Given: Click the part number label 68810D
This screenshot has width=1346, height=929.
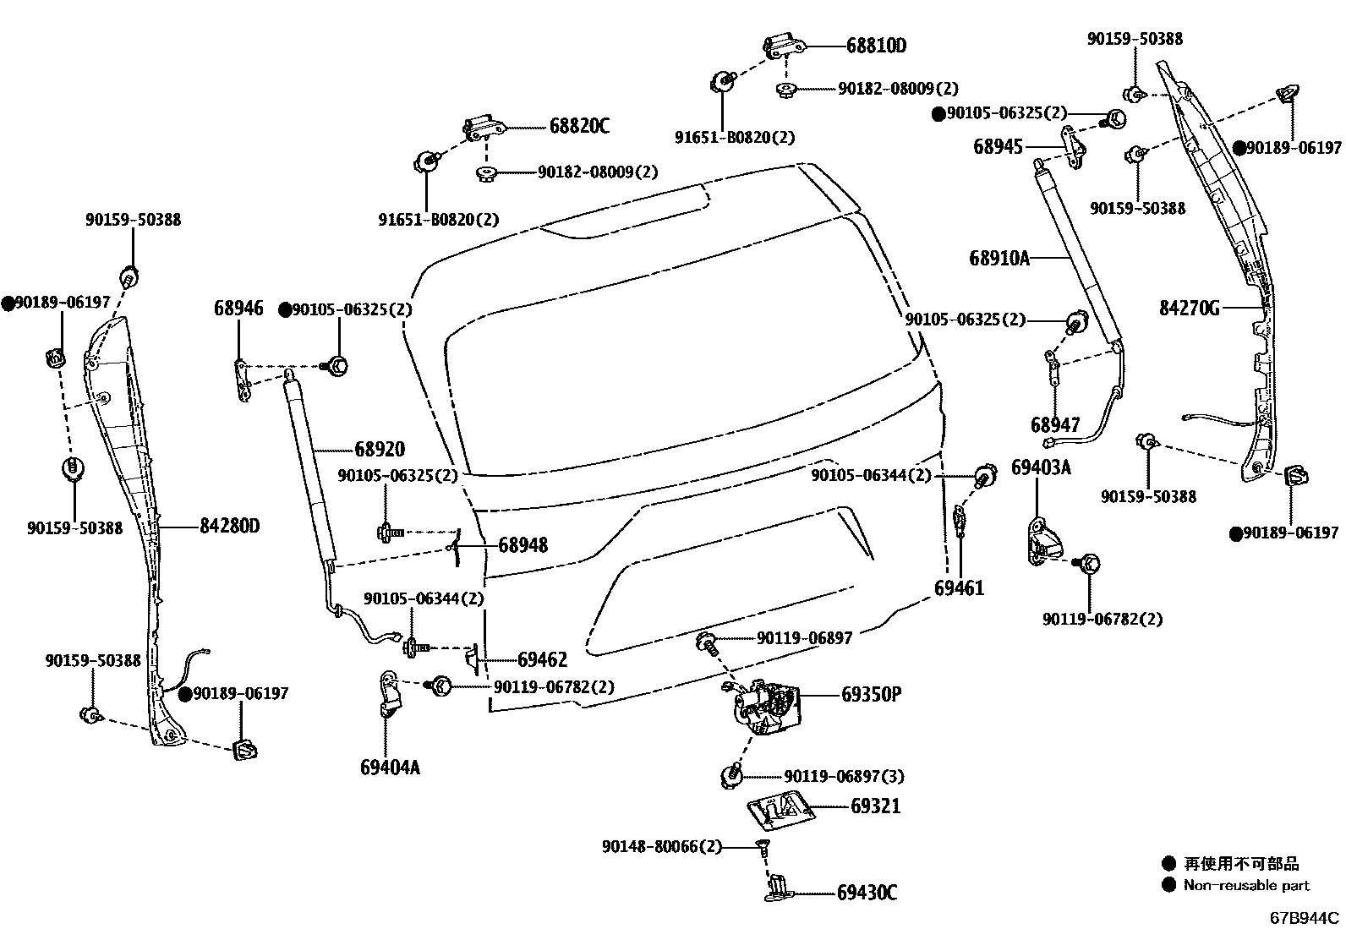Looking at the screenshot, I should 875,46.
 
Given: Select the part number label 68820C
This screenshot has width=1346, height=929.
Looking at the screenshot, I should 579,127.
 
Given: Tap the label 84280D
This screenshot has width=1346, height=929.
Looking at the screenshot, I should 229,526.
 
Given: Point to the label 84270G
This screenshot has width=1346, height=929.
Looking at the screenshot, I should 1189,309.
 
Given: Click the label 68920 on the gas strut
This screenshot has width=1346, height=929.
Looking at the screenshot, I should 380,450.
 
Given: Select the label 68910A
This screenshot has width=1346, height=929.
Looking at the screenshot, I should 999,258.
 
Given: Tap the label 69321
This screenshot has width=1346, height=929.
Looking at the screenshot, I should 875,806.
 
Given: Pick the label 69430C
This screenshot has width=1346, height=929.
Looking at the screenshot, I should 867,893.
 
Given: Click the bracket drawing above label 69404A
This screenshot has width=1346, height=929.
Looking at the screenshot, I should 390,692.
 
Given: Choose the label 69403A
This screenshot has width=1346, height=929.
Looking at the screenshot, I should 1041,467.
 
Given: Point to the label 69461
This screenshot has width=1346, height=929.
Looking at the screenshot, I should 959,587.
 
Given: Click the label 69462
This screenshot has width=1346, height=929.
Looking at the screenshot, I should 542,659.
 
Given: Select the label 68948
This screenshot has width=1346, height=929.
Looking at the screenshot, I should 523,545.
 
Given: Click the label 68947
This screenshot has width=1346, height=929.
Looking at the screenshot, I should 1054,424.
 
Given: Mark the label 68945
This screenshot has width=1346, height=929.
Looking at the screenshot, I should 998,146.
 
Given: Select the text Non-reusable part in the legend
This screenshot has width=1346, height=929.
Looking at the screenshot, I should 1246,885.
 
